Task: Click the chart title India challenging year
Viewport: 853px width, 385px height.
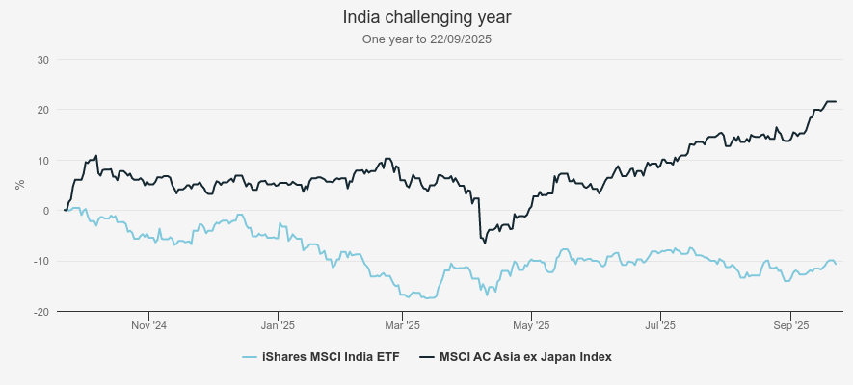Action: (x=426, y=17)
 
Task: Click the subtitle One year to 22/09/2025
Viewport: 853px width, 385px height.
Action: (x=426, y=39)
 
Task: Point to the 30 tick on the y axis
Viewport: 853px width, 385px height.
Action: (x=42, y=60)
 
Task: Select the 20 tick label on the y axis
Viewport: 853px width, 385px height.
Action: (x=42, y=110)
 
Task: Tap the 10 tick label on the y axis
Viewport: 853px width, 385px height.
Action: (x=42, y=160)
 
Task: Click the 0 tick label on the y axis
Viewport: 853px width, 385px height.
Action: (x=45, y=211)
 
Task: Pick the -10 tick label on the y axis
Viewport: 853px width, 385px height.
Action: (x=40, y=261)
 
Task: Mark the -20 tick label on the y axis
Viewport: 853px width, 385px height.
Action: (x=40, y=311)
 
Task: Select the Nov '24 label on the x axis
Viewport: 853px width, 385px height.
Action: (x=148, y=325)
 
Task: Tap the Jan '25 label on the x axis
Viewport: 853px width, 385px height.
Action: (x=277, y=325)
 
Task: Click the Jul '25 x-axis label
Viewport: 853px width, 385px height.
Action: (x=659, y=325)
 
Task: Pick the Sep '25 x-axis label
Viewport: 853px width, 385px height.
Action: (x=789, y=325)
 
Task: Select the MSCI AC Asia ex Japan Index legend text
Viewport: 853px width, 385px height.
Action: (x=525, y=357)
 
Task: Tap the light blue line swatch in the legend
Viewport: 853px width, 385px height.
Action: (x=250, y=357)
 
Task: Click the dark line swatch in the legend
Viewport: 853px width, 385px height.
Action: (x=427, y=357)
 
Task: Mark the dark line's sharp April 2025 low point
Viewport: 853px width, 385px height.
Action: (x=485, y=243)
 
